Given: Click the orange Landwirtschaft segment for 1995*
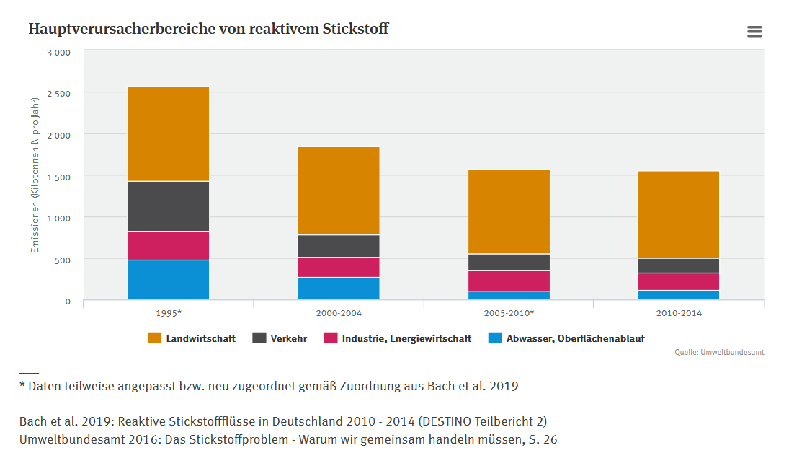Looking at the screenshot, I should [168, 133].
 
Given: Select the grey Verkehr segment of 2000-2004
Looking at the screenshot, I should [338, 246].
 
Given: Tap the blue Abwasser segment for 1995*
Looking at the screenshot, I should [168, 280].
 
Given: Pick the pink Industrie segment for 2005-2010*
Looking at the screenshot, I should [509, 281].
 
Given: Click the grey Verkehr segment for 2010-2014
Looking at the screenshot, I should [678, 265].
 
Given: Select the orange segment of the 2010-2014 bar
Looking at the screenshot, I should [678, 214].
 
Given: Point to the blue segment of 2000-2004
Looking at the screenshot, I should [338, 289].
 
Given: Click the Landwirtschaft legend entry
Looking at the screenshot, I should [192, 338].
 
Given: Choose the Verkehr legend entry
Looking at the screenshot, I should [280, 338].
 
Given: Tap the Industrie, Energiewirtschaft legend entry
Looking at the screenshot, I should [398, 338].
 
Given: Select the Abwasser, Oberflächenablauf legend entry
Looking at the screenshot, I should [566, 338].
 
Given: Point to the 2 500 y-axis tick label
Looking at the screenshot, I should [59, 94].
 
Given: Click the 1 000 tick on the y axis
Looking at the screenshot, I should [59, 218].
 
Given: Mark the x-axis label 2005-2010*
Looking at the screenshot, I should [509, 314].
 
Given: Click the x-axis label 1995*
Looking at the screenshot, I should [168, 314].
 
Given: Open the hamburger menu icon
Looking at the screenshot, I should [754, 31].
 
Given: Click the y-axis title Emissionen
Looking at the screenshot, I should [35, 175].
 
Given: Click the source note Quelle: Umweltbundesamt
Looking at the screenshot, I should [719, 352].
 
